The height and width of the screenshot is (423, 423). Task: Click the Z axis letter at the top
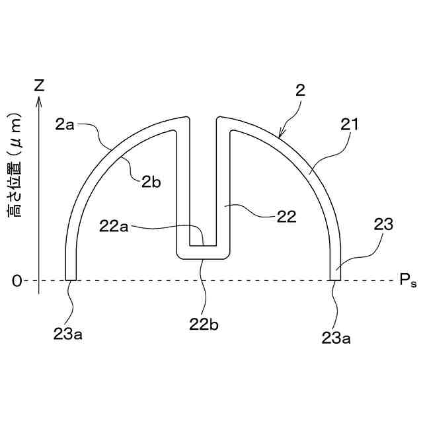40,85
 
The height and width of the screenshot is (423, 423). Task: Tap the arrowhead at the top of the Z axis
40,100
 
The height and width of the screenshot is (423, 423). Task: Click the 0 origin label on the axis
17,281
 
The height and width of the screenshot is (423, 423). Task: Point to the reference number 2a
65,125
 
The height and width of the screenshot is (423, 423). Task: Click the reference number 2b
151,182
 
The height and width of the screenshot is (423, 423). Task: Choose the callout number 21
350,124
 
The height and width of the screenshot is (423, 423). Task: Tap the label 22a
114,226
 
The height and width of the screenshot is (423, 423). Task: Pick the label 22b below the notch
204,325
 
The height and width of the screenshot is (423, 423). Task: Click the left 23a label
68,334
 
